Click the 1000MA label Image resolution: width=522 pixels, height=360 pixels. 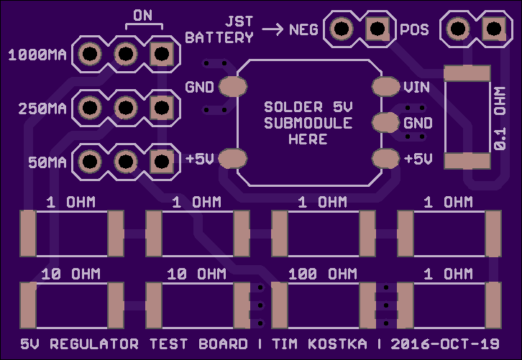point(37,55)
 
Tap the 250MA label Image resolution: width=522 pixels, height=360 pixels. point(42,109)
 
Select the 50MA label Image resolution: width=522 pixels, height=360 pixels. point(47,162)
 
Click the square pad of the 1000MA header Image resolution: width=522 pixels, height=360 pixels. point(162,54)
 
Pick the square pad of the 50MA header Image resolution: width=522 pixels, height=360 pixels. point(162,162)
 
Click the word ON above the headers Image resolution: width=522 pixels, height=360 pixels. point(143,15)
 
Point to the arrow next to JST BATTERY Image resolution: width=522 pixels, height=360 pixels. point(273,29)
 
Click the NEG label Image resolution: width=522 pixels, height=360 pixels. point(303,30)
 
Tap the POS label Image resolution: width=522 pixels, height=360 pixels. point(414,30)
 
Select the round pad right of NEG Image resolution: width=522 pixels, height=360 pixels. point(342,29)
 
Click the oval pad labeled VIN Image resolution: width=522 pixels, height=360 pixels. point(385,86)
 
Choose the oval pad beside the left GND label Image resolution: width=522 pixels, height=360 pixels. point(233,86)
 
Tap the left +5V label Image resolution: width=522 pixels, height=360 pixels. point(199,159)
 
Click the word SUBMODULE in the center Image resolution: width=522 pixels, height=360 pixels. point(308,123)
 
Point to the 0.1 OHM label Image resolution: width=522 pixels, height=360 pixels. point(500,119)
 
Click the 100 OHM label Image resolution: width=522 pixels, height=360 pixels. point(323,274)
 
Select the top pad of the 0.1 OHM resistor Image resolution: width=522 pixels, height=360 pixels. point(467,73)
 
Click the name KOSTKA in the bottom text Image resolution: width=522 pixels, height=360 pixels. point(337,344)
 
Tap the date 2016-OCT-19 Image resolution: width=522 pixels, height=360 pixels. point(445,344)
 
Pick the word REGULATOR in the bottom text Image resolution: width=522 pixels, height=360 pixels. point(94,344)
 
